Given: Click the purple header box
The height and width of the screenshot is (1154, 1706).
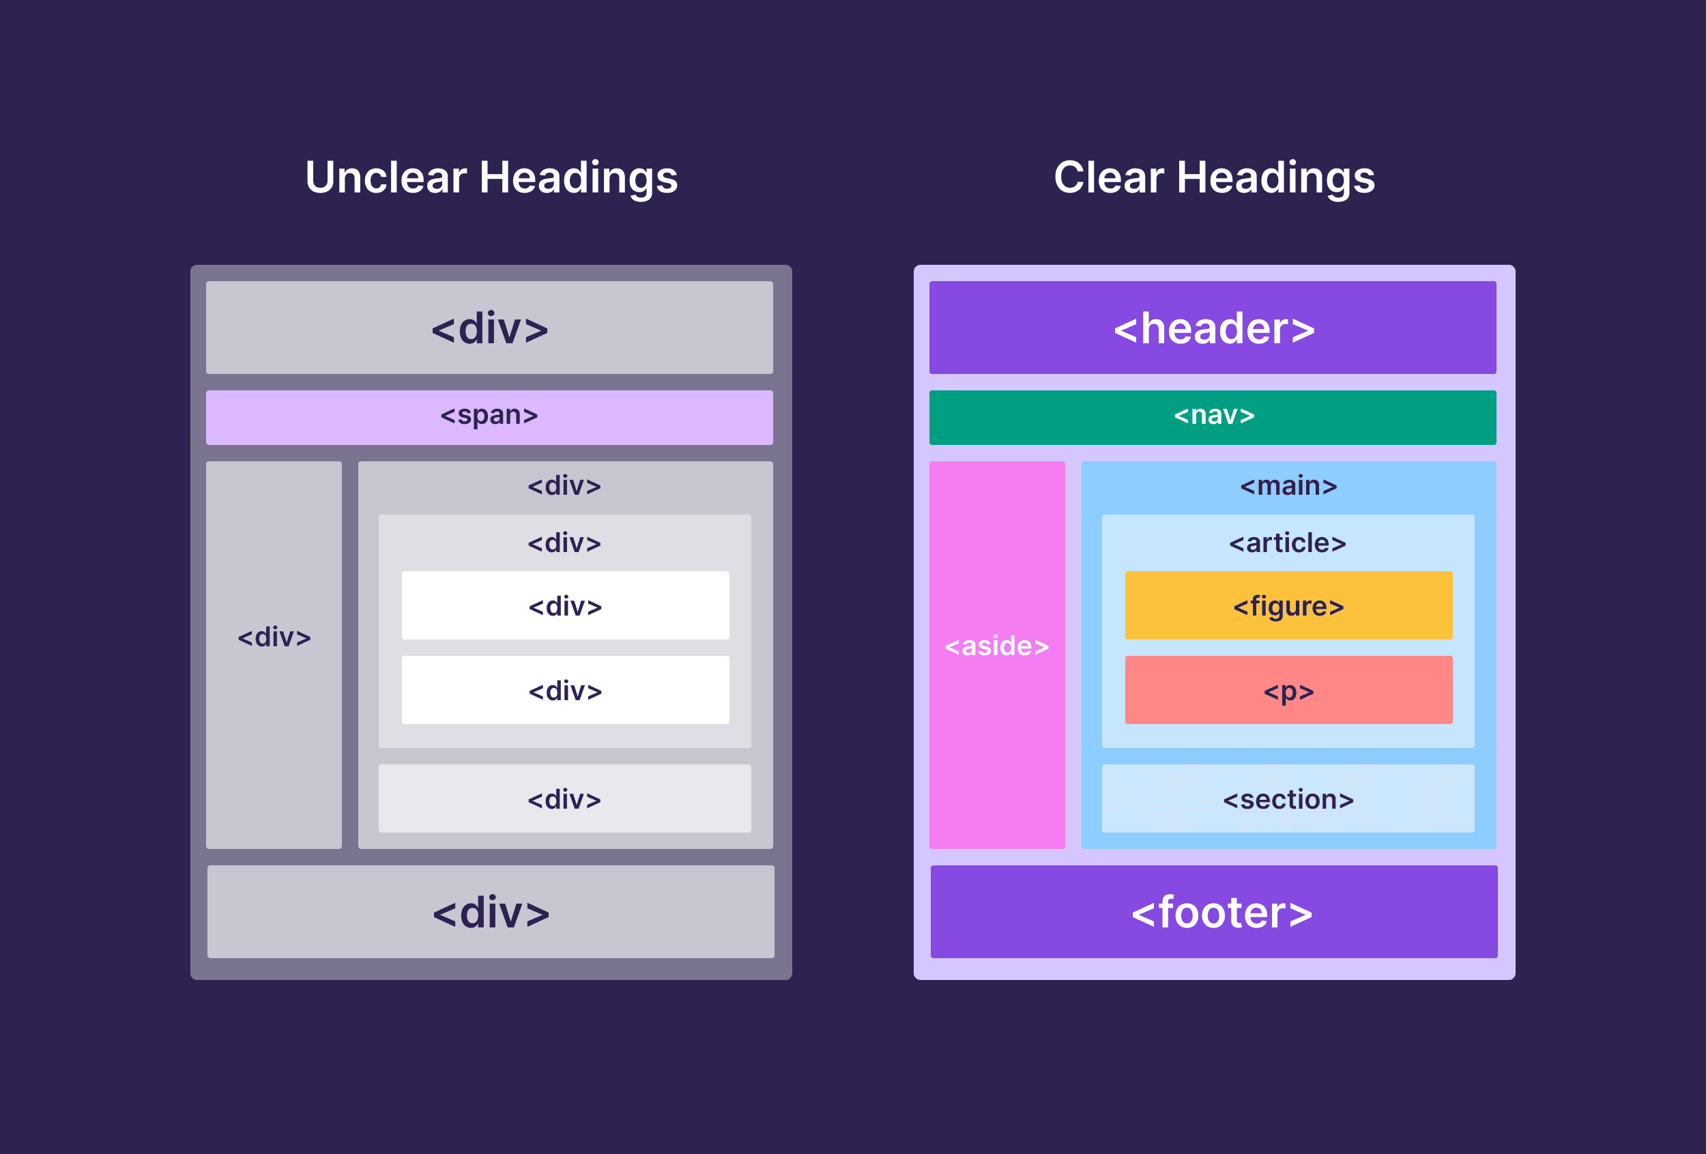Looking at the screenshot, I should [x=1213, y=328].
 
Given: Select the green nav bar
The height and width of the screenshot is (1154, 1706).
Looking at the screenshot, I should [x=1213, y=417].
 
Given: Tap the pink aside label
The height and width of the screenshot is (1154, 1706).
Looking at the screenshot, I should [x=996, y=646].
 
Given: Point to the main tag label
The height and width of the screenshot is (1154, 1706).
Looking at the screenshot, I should [x=1288, y=486].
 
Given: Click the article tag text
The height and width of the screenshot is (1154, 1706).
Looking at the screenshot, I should [x=1288, y=543].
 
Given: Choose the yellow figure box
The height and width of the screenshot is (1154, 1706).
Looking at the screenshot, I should [x=1288, y=605].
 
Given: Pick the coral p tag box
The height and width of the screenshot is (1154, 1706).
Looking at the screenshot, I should [x=1288, y=690].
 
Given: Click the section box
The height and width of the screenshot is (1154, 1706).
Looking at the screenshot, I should [x=1288, y=798].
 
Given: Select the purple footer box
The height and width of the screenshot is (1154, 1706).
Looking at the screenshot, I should [x=1213, y=912].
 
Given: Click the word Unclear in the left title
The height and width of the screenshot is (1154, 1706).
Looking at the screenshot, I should [x=386, y=177].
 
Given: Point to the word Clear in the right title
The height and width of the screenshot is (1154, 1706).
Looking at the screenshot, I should [x=1108, y=177].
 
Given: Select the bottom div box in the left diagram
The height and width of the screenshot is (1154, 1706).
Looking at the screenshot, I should [x=491, y=912].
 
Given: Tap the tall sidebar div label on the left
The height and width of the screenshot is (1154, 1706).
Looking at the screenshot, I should [x=274, y=637].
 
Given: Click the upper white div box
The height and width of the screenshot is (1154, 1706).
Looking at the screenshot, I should [x=565, y=605].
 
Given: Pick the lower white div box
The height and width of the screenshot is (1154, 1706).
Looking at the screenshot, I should [x=565, y=690].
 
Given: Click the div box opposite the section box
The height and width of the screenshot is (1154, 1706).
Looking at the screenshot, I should [x=564, y=798].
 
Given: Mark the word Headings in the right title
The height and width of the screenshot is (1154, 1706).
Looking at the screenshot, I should [x=1275, y=177].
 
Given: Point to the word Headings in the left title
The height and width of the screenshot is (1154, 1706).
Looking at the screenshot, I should [x=578, y=177].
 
